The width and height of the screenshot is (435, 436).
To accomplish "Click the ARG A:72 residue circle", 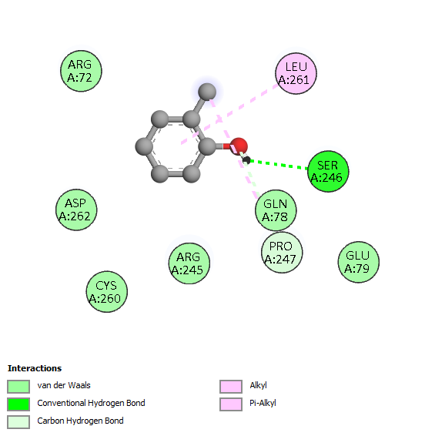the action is pyautogui.click(x=81, y=71).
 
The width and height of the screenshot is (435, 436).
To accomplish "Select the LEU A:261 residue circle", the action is pyautogui.click(x=296, y=73).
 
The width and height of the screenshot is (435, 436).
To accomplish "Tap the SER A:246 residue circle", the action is pyautogui.click(x=328, y=171).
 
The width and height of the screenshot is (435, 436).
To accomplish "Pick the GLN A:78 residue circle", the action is pyautogui.click(x=276, y=210).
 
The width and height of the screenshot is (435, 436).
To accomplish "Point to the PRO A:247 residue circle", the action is pyautogui.click(x=282, y=253).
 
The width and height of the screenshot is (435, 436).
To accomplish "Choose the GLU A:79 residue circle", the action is pyautogui.click(x=359, y=262).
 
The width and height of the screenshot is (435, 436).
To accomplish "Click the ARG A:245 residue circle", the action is pyautogui.click(x=189, y=263).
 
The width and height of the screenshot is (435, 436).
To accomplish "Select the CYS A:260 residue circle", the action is pyautogui.click(x=107, y=292).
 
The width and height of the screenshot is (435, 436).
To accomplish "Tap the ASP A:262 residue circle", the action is pyautogui.click(x=76, y=210).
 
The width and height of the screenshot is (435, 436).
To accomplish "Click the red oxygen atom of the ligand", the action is pyautogui.click(x=239, y=146).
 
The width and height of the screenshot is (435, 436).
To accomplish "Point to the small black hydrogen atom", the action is pyautogui.click(x=246, y=160).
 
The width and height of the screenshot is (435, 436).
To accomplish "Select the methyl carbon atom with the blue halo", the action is pyautogui.click(x=207, y=92).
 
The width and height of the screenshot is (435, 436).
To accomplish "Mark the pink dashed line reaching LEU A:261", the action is pyautogui.click(x=229, y=114).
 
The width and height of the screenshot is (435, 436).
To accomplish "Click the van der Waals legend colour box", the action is pyautogui.click(x=18, y=387).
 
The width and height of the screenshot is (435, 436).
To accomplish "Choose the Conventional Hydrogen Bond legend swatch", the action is pyautogui.click(x=18, y=404).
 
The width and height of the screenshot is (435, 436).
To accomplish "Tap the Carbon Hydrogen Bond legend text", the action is pyautogui.click(x=80, y=421).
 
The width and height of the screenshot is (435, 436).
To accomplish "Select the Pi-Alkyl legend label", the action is pyautogui.click(x=263, y=403).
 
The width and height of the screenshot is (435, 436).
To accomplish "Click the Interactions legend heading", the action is pyautogui.click(x=35, y=368).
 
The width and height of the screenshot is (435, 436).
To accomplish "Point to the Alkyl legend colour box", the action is pyautogui.click(x=231, y=387).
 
